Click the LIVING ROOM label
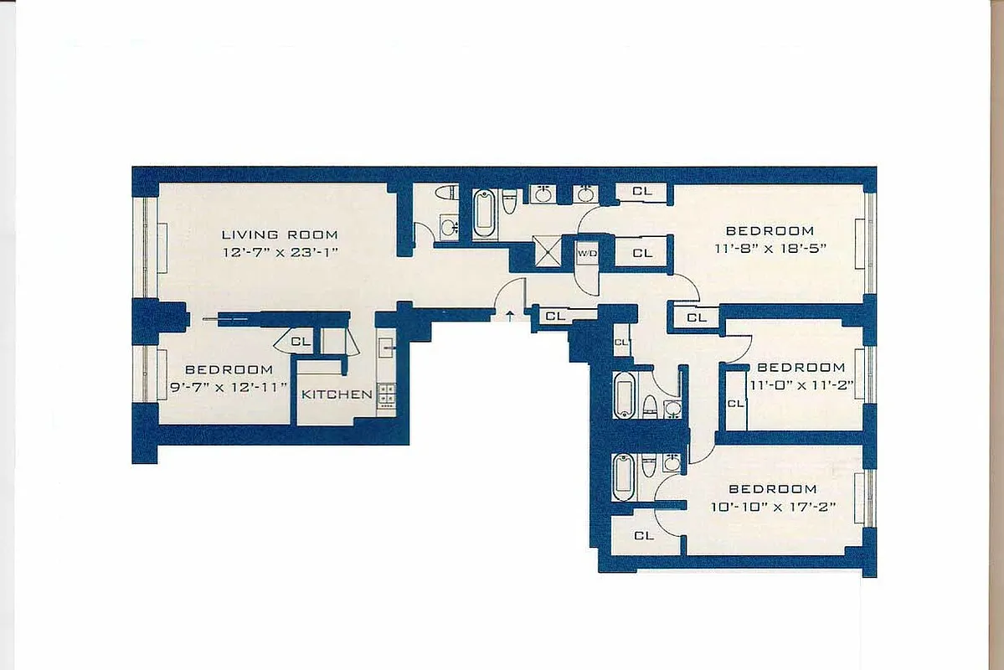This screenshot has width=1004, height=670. pyautogui.click(x=280, y=234)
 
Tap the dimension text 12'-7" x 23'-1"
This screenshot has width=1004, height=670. pyautogui.click(x=280, y=251)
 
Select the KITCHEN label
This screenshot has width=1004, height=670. pyautogui.click(x=337, y=394)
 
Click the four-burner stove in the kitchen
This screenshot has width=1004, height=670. pyautogui.click(x=386, y=394)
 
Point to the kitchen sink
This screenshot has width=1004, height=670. pyautogui.click(x=387, y=344)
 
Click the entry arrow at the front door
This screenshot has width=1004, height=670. pyautogui.click(x=510, y=316)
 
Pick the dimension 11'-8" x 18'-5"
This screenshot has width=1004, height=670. pyautogui.click(x=770, y=248)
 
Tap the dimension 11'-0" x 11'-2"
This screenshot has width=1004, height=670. pyautogui.click(x=801, y=384)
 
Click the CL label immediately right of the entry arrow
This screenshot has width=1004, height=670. pyautogui.click(x=555, y=317)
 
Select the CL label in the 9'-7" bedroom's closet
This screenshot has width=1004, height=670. pyautogui.click(x=301, y=342)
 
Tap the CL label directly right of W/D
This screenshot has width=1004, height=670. pyautogui.click(x=642, y=253)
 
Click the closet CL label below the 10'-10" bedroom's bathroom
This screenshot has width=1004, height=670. pyautogui.click(x=644, y=535)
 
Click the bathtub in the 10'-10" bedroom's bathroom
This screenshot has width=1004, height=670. pyautogui.click(x=624, y=476)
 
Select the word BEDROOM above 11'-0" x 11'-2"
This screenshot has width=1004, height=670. pyautogui.click(x=801, y=368)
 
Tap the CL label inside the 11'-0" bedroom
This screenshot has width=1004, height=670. pyautogui.click(x=735, y=403)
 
